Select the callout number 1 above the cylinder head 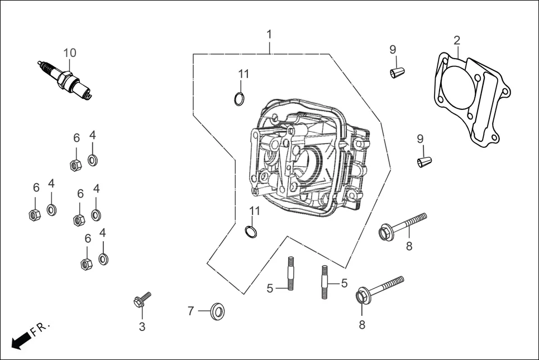point(269,34)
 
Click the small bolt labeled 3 point(141,300)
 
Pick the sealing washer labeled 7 point(218,311)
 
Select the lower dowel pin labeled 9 point(425,162)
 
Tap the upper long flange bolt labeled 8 point(402,224)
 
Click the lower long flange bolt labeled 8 point(380,288)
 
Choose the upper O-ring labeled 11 point(239,99)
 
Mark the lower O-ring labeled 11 point(251,231)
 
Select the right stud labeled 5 point(325,282)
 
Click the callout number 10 point(69,53)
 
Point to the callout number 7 point(190,311)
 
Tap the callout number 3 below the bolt point(142,327)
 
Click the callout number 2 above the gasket point(457,40)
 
